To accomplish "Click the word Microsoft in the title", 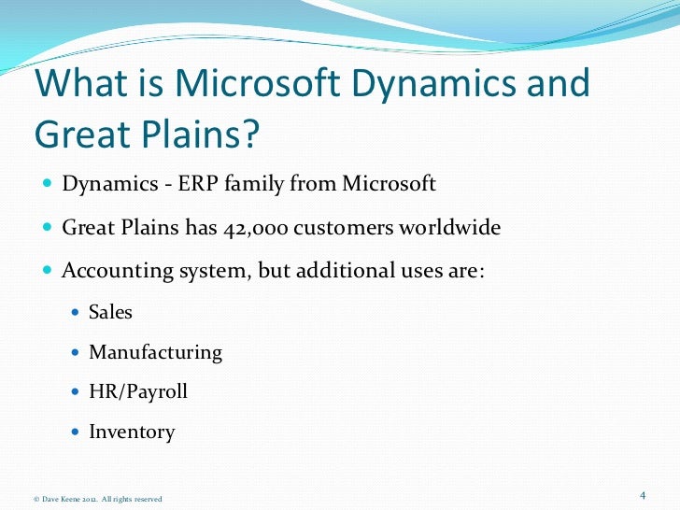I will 242,85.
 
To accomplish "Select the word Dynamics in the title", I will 436,85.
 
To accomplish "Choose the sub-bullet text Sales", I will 110,312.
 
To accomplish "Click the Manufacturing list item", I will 155,352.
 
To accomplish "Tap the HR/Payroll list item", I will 137,391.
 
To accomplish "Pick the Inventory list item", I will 131,432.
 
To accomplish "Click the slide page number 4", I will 643,494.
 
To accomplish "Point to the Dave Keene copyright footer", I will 97,499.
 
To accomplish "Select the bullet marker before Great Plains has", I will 48,228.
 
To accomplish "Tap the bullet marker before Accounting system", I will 48,272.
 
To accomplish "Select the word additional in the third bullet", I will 330,271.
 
